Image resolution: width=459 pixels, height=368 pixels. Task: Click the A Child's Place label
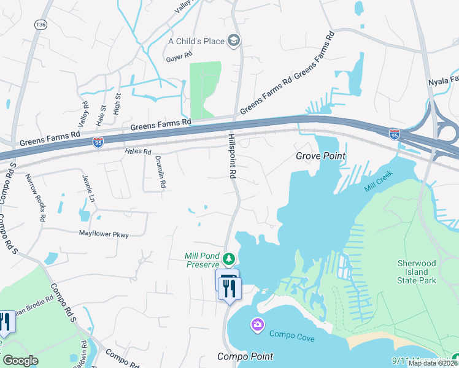[196, 41]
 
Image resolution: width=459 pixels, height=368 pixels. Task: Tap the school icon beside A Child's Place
[233, 41]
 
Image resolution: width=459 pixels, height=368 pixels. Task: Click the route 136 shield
[41, 25]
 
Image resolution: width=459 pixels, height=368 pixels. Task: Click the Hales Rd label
[137, 151]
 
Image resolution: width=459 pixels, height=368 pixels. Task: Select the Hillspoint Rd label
[233, 156]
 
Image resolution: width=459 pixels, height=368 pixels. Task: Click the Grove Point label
[320, 156]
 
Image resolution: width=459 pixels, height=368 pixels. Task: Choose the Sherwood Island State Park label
[416, 272]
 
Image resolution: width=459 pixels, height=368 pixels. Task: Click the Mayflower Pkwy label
[104, 234]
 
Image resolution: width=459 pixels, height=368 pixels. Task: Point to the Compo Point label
[245, 356]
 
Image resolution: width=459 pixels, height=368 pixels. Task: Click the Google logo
[20, 361]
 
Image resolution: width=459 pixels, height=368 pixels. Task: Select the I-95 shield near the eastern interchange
[395, 133]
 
